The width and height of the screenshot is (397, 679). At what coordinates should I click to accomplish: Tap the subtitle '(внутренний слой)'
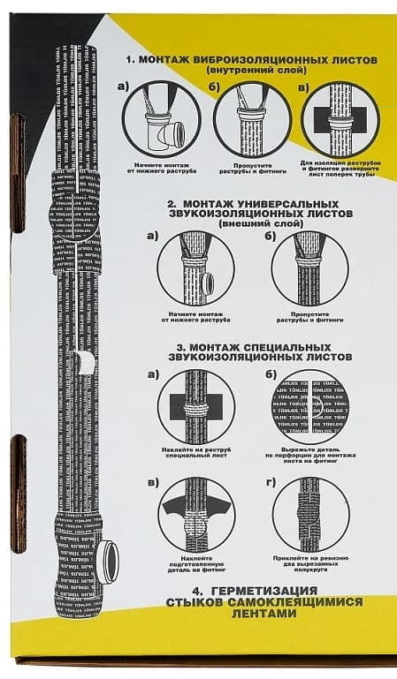point(251,70)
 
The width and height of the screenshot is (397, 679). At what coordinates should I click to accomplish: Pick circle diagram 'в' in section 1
point(340,119)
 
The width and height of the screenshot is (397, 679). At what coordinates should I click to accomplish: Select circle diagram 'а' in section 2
point(195,268)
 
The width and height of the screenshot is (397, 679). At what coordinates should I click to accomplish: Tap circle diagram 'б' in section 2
point(309,268)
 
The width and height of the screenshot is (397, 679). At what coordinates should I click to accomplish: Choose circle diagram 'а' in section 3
point(195,405)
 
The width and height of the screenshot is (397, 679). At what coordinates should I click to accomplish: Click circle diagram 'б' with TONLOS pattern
point(309,405)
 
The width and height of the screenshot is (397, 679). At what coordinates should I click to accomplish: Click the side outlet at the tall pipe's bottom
point(107,562)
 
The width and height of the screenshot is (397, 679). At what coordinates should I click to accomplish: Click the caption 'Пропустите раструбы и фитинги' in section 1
point(252,168)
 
